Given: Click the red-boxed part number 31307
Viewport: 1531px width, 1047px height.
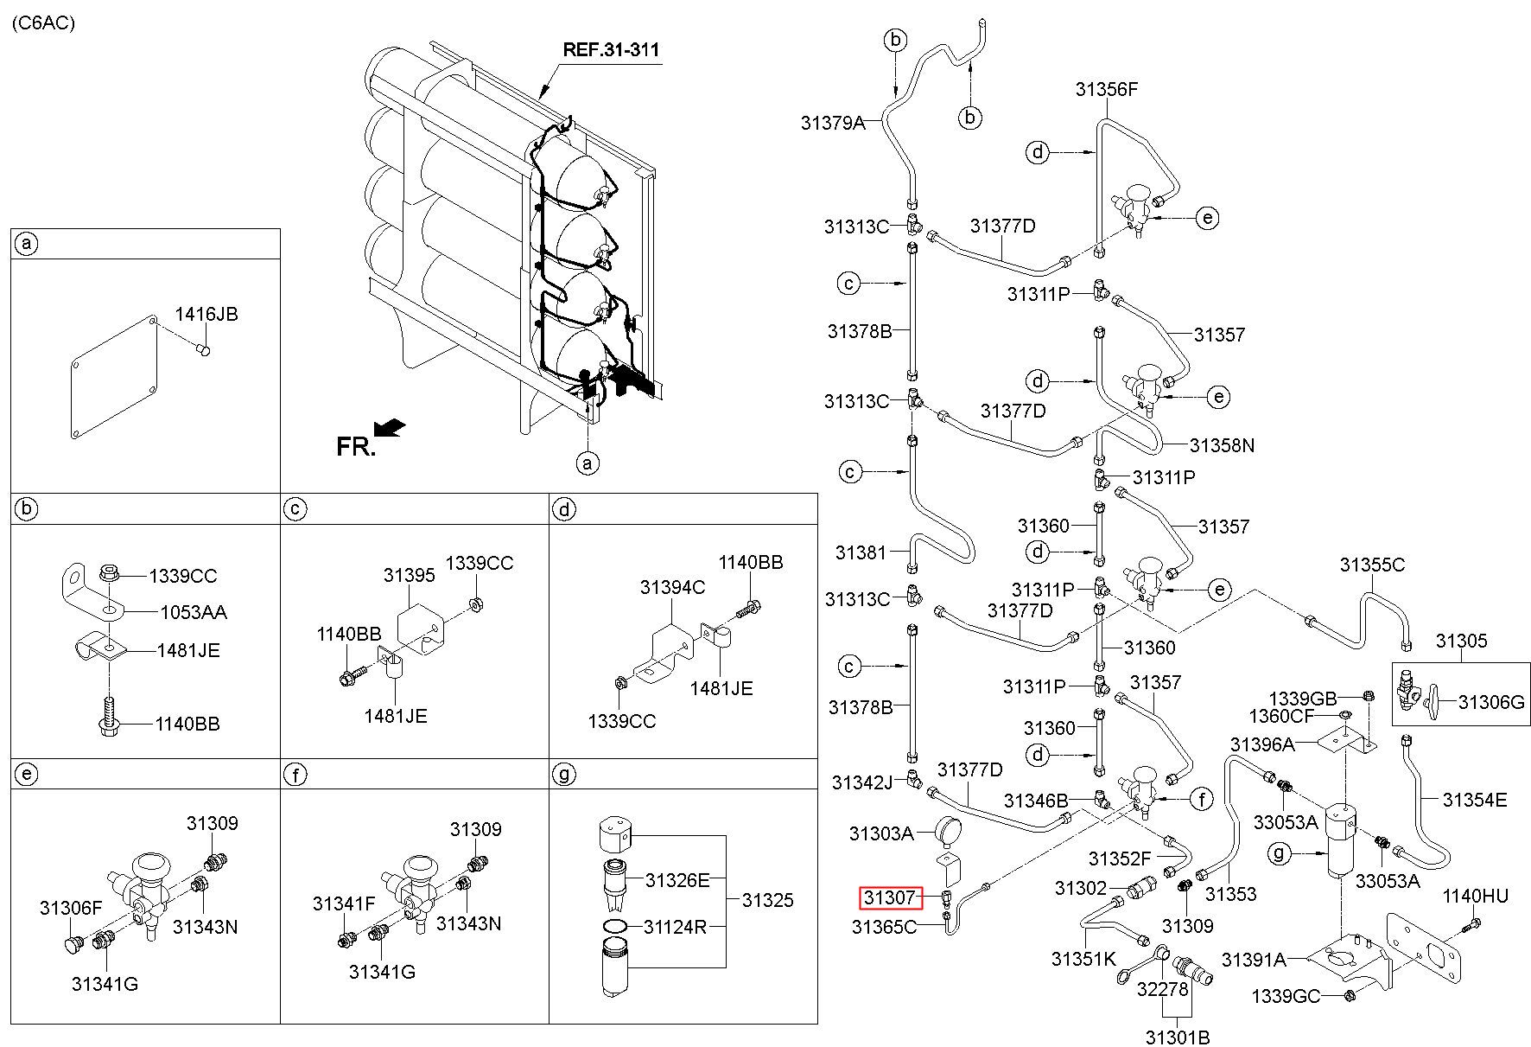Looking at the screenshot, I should [890, 898].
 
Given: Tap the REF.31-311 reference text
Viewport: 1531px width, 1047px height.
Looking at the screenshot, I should [610, 49].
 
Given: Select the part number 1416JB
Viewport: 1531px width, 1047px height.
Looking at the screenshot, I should [206, 315].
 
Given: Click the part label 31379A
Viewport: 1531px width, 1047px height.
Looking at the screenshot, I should [832, 123].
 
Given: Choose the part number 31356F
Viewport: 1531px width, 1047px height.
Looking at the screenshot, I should [1107, 89].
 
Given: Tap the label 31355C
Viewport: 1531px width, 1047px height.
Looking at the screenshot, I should [1372, 565].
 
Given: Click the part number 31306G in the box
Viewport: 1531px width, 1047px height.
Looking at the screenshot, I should [1491, 702].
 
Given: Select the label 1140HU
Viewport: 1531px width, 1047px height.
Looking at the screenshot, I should [1475, 896].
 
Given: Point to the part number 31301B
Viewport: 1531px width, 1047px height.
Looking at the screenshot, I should [1177, 1036].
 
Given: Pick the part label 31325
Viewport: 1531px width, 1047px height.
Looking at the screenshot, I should [767, 900].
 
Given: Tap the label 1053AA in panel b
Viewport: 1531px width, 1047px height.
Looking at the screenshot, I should [194, 613].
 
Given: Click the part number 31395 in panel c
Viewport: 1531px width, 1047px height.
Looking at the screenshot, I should [409, 575].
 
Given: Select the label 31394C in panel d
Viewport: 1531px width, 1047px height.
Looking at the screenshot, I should [672, 587].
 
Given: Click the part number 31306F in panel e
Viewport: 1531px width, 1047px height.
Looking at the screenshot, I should [71, 907].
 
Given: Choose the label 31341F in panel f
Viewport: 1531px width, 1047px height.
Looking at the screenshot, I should [344, 904].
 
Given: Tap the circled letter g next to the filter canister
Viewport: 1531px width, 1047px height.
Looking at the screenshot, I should [1281, 855].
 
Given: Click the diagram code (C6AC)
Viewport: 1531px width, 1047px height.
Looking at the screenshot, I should [43, 22].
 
